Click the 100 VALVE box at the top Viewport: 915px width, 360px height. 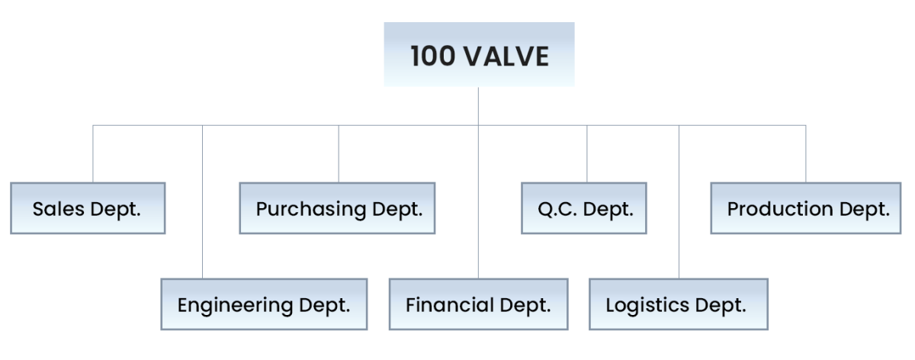[x=478, y=55]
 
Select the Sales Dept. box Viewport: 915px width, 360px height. [x=88, y=208]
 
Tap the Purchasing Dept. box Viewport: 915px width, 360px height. [x=338, y=208]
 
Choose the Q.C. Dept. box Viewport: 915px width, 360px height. [x=584, y=208]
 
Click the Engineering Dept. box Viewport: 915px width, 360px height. [x=264, y=305]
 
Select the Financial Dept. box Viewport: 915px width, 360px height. [x=478, y=305]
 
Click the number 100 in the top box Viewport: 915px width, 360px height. [x=430, y=57]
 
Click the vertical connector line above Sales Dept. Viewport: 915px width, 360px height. [x=94, y=153]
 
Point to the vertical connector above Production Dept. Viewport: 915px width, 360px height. [x=805, y=153]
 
